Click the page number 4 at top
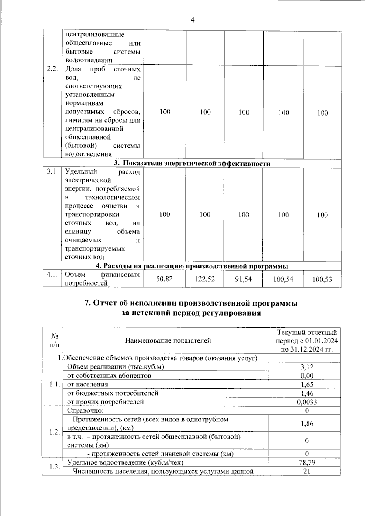tap(192, 20)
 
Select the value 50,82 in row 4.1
tap(164, 279)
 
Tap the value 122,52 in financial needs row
tap(205, 279)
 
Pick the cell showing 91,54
tap(243, 279)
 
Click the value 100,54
tap(283, 279)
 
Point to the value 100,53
tap(322, 279)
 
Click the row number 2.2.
tap(52, 69)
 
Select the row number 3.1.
tap(52, 172)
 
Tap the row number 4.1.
tap(52, 275)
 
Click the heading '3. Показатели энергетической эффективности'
tap(192, 164)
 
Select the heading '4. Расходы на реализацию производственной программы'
tap(192, 266)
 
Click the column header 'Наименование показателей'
tap(168, 341)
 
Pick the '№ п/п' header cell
tap(55, 341)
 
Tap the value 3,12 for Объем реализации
tap(307, 367)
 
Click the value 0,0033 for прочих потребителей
tap(307, 402)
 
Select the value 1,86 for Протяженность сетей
tap(307, 424)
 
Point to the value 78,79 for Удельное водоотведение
tap(307, 462)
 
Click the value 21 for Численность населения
tap(307, 471)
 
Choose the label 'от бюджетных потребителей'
tap(113, 393)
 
